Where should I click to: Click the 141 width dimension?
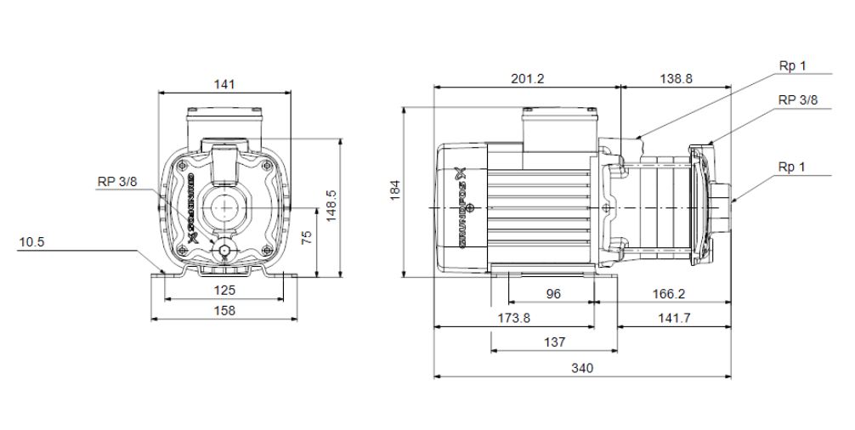click(224, 83)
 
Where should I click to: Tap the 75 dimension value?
click(308, 236)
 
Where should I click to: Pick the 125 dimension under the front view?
click(224, 290)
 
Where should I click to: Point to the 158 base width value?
click(224, 310)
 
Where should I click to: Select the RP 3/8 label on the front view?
click(116, 180)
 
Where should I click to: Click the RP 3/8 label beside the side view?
click(797, 99)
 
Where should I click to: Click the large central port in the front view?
click(225, 207)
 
